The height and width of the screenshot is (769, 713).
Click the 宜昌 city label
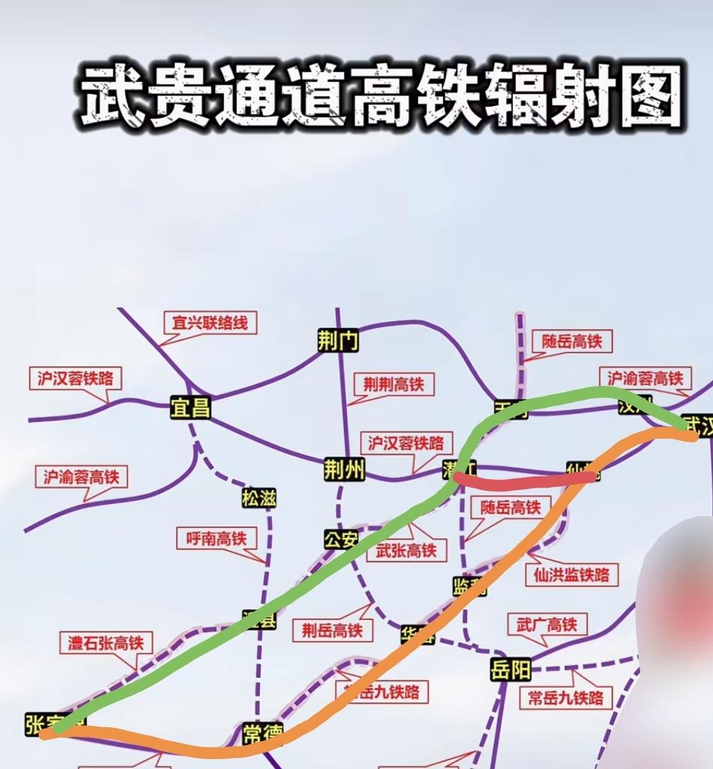pyautogui.click(x=191, y=408)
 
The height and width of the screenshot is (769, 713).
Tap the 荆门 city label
pyautogui.click(x=338, y=342)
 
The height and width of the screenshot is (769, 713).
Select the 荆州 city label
pyautogui.click(x=344, y=469)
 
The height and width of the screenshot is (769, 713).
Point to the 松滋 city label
pyautogui.click(x=259, y=498)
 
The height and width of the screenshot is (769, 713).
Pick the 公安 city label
pyautogui.click(x=341, y=540)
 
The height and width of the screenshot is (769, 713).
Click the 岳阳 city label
pyautogui.click(x=511, y=669)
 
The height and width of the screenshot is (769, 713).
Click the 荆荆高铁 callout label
pyautogui.click(x=394, y=384)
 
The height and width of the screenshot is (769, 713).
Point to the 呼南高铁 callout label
pyautogui.click(x=216, y=539)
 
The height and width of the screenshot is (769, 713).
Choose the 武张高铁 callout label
pyautogui.click(x=406, y=550)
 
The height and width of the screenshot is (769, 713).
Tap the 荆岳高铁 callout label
pyautogui.click(x=332, y=629)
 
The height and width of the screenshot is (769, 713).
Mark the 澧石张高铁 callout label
pyautogui.click(x=105, y=642)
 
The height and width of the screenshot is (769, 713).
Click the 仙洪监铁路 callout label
pyautogui.click(x=567, y=574)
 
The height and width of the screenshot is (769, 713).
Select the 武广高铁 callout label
pyautogui.click(x=546, y=624)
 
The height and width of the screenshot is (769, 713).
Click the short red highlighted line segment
pyautogui.click(x=523, y=482)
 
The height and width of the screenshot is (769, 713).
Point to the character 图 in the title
pyautogui.click(x=644, y=96)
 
